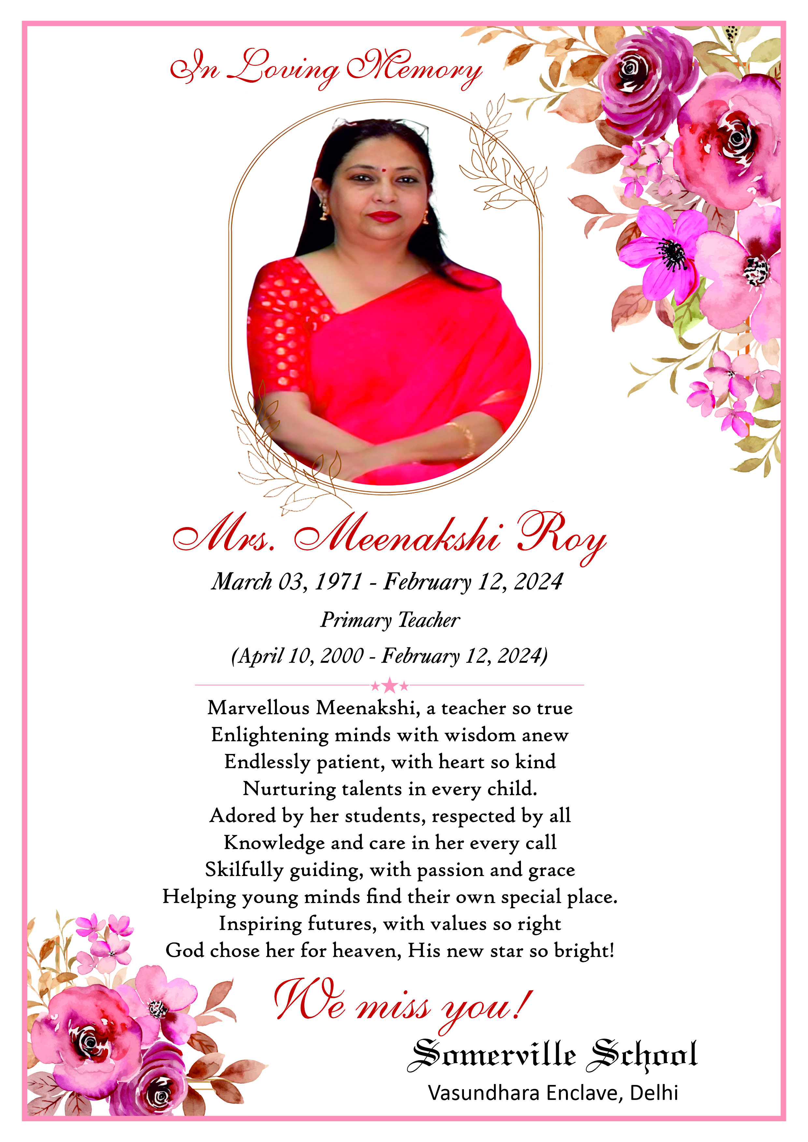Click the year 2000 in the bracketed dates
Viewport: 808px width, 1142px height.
click(x=342, y=656)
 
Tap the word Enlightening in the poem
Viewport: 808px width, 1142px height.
click(x=269, y=735)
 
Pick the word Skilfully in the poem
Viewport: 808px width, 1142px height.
click(x=244, y=870)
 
